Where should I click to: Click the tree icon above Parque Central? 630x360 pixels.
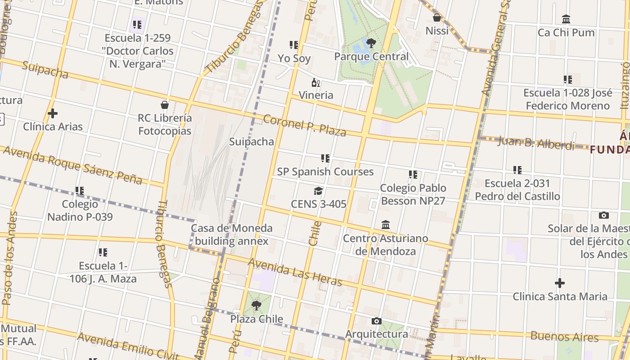(x=371, y=43)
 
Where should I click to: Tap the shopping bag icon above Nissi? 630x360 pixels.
(x=436, y=18)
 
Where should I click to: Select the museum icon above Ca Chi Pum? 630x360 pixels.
(x=566, y=19)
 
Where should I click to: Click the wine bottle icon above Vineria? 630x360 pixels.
(x=316, y=82)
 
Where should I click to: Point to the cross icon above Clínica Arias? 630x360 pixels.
(x=53, y=113)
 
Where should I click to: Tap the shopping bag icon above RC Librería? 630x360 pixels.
(x=165, y=105)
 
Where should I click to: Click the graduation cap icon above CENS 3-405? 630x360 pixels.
(x=319, y=191)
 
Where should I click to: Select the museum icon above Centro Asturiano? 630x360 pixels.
(x=386, y=225)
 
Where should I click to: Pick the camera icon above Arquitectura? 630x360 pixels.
(x=377, y=321)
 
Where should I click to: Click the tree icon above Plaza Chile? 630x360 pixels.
(x=256, y=306)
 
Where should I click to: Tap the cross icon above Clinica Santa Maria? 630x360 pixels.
(x=559, y=283)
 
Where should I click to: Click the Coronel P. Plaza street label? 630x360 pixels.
(x=305, y=126)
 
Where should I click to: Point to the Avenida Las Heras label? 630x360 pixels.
(x=295, y=272)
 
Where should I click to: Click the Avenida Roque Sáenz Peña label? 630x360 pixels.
(x=72, y=165)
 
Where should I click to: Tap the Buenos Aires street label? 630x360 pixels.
(x=564, y=336)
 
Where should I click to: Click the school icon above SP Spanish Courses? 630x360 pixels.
(x=325, y=158)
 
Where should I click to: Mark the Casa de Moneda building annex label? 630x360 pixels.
(x=232, y=234)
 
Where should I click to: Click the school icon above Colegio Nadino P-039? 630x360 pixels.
(x=80, y=191)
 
